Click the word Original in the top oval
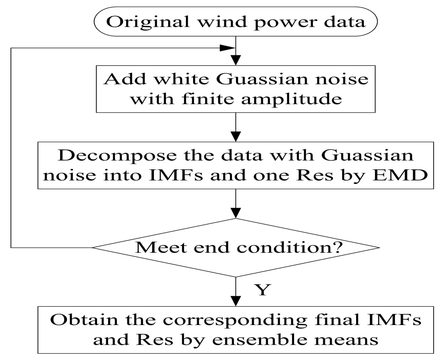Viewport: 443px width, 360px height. tap(148, 22)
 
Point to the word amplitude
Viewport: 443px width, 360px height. tap(291, 99)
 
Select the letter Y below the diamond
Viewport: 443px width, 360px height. tap(262, 290)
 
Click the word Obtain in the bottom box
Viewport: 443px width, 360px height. tap(84, 320)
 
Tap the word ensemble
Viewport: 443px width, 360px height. tap(260, 340)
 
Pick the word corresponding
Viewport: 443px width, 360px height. tap(235, 320)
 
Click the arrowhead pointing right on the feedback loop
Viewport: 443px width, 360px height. tap(227, 48)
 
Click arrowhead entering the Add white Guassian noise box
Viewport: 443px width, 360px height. tap(236, 60)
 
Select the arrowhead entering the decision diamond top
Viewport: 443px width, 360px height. tap(236, 213)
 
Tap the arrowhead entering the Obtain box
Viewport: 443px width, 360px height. tap(236, 301)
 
